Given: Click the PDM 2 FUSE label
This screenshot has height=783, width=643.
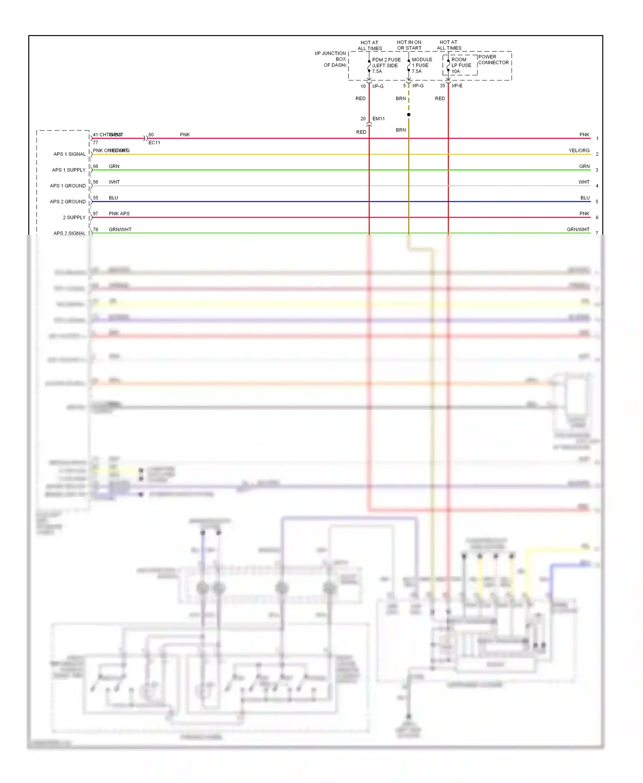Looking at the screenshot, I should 386,60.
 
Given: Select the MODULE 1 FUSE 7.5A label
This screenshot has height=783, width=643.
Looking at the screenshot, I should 422,66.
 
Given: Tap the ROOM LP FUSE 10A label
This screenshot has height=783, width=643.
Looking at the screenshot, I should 461,66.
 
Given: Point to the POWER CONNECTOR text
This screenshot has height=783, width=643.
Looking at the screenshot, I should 493,60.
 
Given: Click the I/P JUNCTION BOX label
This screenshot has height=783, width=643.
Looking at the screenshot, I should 331,59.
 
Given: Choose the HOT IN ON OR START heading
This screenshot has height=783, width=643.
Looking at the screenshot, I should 409,45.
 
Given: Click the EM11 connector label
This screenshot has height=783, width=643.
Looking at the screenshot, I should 379,119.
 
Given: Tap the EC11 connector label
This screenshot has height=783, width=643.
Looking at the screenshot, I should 154,143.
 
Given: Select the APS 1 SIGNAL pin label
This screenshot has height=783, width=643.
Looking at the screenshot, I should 69,154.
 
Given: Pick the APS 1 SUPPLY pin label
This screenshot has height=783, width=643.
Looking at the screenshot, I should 69,170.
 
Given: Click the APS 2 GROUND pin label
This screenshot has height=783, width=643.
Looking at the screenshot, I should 68,202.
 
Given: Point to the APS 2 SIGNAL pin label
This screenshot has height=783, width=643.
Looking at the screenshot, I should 69,233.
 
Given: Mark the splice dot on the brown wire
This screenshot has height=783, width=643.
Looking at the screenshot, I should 409,115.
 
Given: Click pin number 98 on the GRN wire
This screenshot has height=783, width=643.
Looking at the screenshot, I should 96,166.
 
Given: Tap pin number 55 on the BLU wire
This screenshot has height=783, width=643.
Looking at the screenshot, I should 96,198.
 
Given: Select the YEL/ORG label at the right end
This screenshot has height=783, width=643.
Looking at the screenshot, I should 579,150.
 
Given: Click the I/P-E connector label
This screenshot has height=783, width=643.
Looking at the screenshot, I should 457,86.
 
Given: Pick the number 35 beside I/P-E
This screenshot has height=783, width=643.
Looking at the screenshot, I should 442,86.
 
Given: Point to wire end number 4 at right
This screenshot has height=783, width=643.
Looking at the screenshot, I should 597,186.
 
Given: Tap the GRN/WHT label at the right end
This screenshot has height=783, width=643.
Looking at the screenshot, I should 578,230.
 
